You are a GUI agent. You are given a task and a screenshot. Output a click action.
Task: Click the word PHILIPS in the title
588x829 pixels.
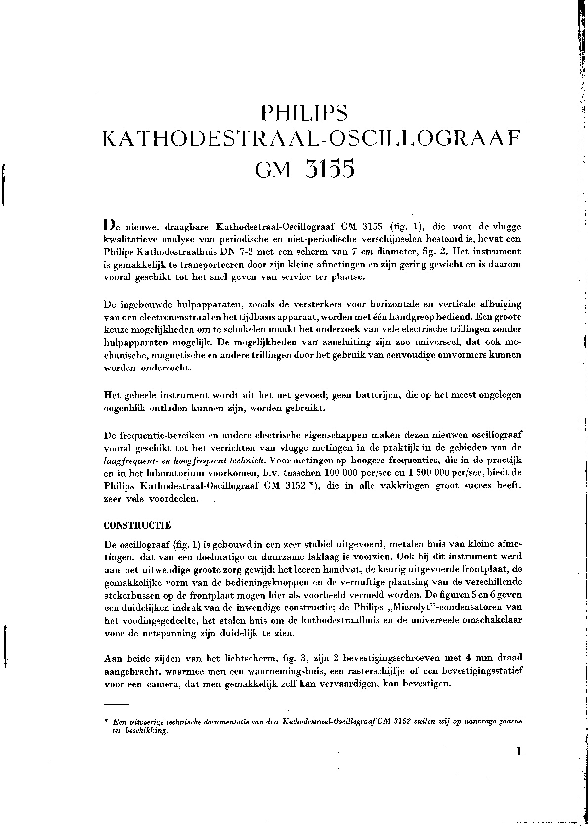click(x=304, y=113)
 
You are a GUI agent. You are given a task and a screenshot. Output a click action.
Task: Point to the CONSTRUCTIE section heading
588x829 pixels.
click(x=138, y=525)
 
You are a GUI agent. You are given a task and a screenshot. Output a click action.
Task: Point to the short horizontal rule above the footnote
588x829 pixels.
click(x=117, y=703)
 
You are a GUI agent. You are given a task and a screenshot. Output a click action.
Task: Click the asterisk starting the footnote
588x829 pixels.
click(x=106, y=722)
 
